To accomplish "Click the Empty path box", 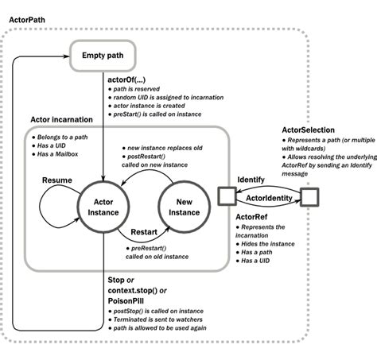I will click(103, 56).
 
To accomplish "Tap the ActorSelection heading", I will click(310, 130).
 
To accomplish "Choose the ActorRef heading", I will click(252, 216).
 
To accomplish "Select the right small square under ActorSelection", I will click(309, 195).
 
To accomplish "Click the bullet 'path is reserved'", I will click(138, 90).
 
